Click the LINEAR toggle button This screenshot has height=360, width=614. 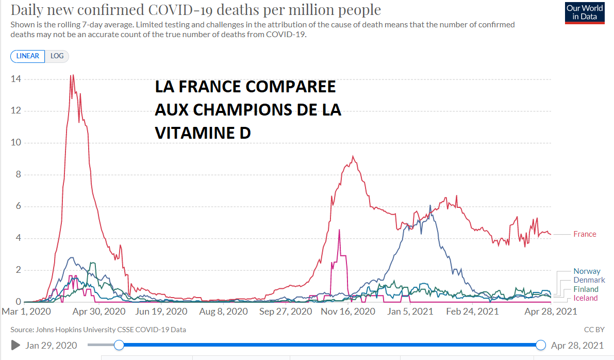(x=28, y=56)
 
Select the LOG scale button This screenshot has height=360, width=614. (x=57, y=56)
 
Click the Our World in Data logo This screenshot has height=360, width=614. (x=584, y=13)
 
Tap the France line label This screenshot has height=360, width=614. (x=585, y=234)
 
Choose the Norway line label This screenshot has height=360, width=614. (x=587, y=271)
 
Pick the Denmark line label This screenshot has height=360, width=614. (x=589, y=280)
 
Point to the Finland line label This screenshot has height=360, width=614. (x=586, y=289)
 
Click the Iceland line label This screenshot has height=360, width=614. (x=586, y=298)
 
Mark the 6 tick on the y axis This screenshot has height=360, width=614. (x=17, y=206)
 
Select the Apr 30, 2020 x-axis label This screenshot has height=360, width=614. (x=99, y=312)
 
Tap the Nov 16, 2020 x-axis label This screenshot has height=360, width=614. (x=347, y=312)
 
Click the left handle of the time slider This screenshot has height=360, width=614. (x=119, y=345)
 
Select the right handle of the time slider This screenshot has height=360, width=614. (x=541, y=345)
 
